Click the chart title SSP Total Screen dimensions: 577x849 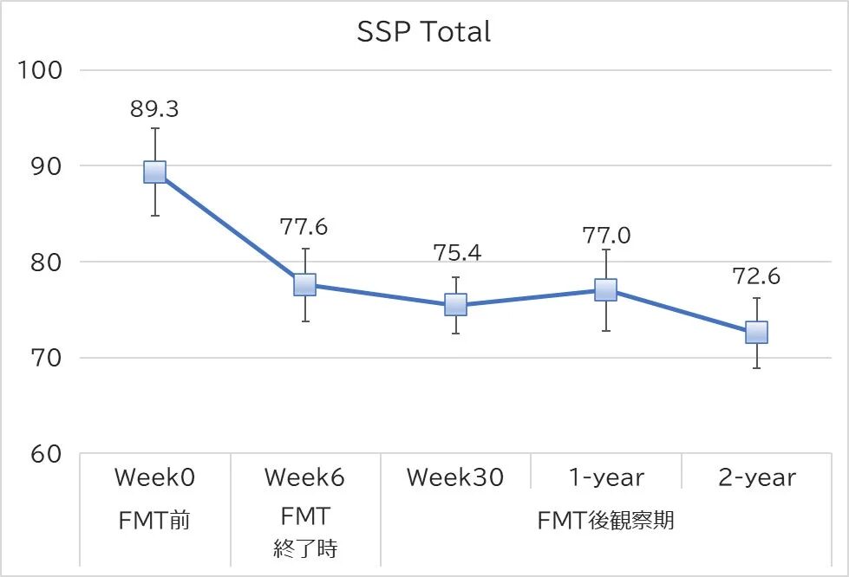click(x=424, y=32)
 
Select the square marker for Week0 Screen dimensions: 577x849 click(x=154, y=172)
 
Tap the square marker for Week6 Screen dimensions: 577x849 click(x=304, y=284)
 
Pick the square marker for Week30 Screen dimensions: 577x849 click(x=455, y=305)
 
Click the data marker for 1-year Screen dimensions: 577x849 click(x=605, y=289)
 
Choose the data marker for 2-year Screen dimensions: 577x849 click(x=756, y=332)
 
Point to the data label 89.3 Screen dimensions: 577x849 click(x=154, y=109)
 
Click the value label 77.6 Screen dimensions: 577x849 click(x=304, y=227)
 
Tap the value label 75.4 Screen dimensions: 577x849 click(x=457, y=253)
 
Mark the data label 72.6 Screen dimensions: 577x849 click(x=756, y=277)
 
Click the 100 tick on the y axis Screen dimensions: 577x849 click(x=41, y=70)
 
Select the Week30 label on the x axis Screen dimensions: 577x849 click(x=454, y=477)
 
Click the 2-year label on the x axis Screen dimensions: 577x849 click(x=756, y=477)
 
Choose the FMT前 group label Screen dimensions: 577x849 click(x=154, y=521)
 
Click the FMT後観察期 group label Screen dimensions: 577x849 click(x=605, y=521)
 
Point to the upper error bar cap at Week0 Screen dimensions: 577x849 click(x=154, y=128)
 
